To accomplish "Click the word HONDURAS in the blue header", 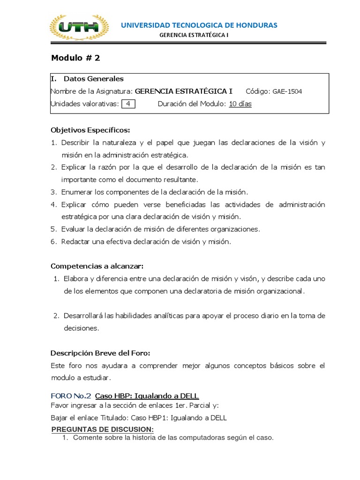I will [x=256, y=25].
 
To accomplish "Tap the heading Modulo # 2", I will [x=75, y=58].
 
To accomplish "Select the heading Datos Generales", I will [x=93, y=79].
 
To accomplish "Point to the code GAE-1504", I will [x=287, y=91].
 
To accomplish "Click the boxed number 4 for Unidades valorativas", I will [x=128, y=104].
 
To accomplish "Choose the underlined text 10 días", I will [x=240, y=104].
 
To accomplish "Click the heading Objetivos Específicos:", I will [x=90, y=130].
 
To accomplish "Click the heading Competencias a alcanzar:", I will [x=97, y=266].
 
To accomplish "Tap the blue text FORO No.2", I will [x=71, y=396].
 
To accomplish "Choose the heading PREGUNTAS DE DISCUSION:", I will [x=102, y=430].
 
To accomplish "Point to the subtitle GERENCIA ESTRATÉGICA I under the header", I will [x=194, y=35].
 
